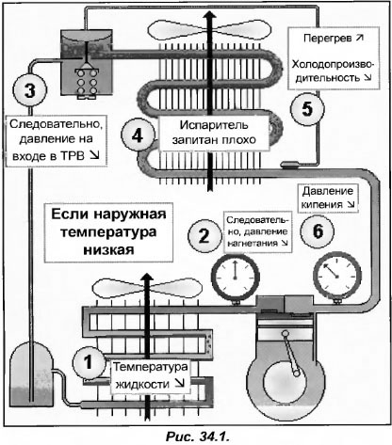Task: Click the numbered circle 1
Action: click(89, 362)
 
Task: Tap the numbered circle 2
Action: click(204, 236)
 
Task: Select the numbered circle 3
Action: click(30, 90)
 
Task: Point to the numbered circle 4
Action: click(138, 136)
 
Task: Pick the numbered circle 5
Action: click(307, 109)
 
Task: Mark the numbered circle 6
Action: click(318, 231)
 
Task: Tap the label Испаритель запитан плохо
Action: click(214, 133)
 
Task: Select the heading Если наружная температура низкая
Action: click(108, 232)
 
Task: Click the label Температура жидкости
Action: click(150, 375)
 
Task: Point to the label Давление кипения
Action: click(327, 198)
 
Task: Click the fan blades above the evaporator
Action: click(209, 30)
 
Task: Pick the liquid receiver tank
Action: click(31, 373)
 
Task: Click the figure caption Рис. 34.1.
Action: click(197, 437)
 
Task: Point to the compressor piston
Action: click(285, 328)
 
